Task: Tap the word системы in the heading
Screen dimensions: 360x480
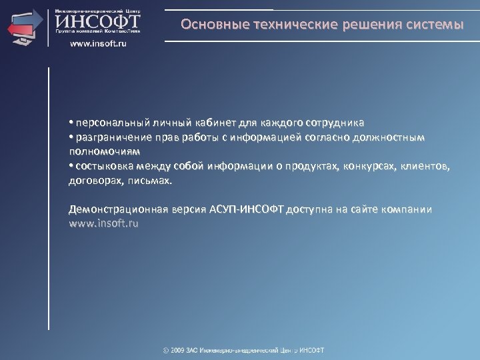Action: pyautogui.click(x=431, y=25)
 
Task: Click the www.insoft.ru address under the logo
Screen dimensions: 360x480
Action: pyautogui.click(x=97, y=43)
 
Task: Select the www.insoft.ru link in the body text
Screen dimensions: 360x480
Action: pyautogui.click(x=104, y=223)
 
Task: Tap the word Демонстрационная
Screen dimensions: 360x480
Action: pyautogui.click(x=117, y=209)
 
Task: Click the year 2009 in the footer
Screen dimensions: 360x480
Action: pyautogui.click(x=180, y=350)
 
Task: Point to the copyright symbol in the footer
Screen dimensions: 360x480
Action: pyautogui.click(x=166, y=350)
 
